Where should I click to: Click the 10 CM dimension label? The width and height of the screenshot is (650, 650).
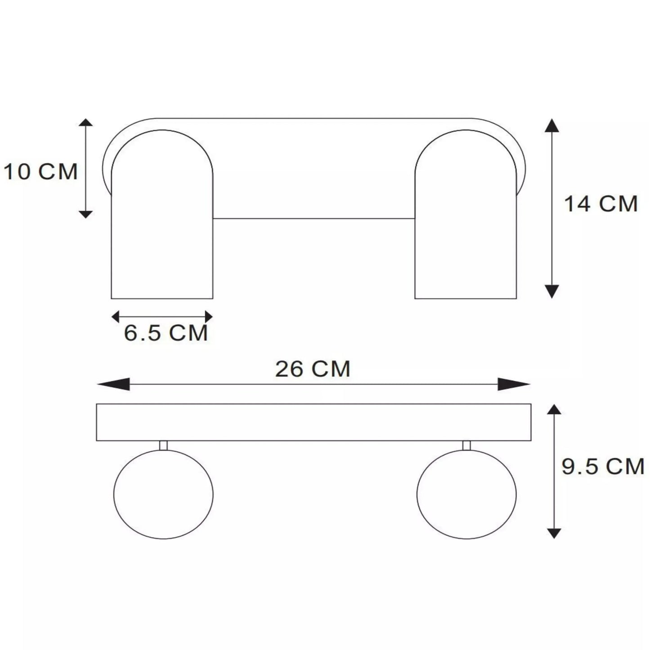[x=40, y=172]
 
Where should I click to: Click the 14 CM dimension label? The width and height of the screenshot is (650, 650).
[x=601, y=204]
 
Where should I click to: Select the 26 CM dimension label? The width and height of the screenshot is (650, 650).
[x=313, y=369]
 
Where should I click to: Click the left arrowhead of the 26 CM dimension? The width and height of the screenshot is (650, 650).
[x=113, y=384]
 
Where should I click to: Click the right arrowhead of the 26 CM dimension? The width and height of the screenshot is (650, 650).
[x=514, y=384]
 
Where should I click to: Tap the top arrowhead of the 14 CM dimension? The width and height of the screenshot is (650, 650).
[x=552, y=125]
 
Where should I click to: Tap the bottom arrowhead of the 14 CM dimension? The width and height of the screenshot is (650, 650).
[x=552, y=291]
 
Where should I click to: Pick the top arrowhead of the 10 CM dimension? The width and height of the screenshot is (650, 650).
[x=85, y=122]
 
